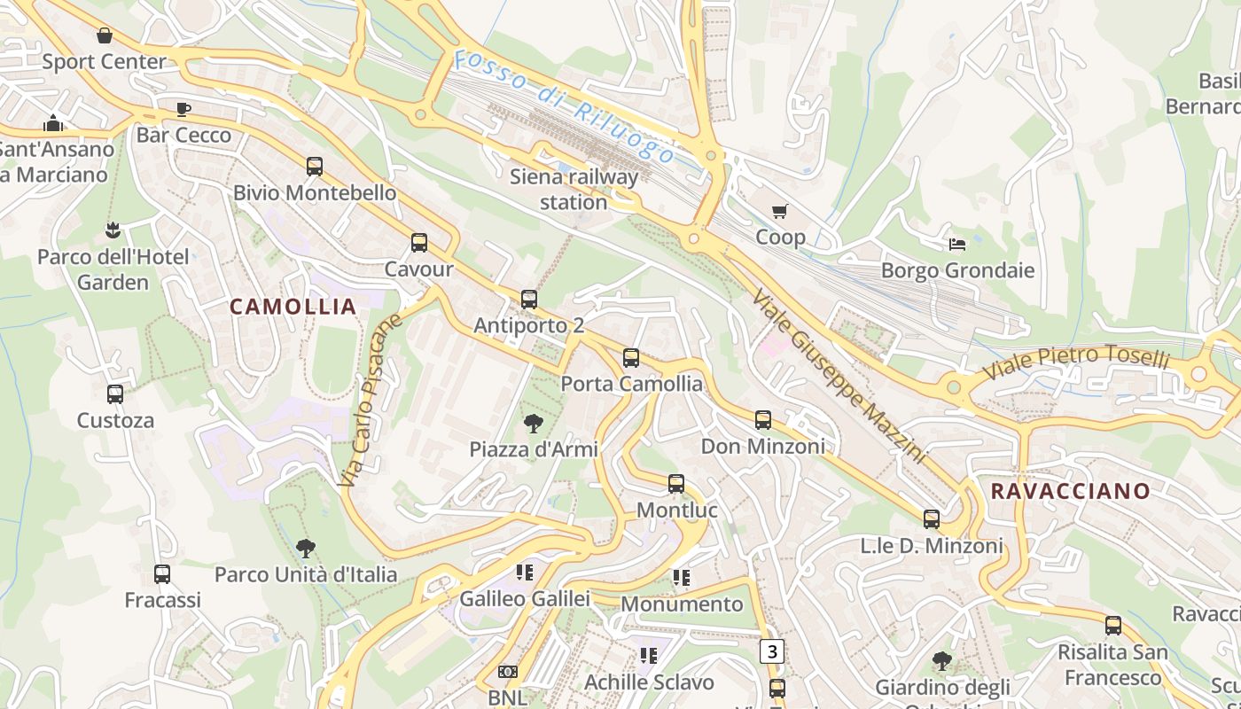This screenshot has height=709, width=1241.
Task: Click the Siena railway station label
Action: [x=574, y=190]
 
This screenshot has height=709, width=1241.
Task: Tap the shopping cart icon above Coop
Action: [x=780, y=211]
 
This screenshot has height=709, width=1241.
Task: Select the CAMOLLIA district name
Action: [x=293, y=307]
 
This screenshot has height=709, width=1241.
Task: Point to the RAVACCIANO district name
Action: [x=1070, y=491]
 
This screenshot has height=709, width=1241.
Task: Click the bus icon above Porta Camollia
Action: [x=631, y=358]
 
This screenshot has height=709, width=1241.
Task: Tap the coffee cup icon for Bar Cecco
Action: [x=183, y=109]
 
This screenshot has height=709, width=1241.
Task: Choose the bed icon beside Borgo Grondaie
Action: [x=957, y=244]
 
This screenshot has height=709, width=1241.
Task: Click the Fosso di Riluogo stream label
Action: [x=563, y=107]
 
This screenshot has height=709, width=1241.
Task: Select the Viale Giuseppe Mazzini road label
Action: [x=838, y=375]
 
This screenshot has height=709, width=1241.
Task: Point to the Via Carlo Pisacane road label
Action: [x=371, y=400]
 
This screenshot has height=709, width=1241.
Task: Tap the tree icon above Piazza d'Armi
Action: [x=534, y=423]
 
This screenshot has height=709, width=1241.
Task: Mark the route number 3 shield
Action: [x=773, y=651]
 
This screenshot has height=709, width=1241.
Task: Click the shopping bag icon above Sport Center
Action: [x=105, y=35]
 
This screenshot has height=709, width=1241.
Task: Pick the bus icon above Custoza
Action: [x=115, y=394]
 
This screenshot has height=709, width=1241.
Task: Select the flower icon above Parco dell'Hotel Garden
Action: [x=113, y=231]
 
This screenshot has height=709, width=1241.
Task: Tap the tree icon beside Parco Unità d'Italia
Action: [x=306, y=549]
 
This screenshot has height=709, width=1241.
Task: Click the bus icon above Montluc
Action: [x=676, y=484]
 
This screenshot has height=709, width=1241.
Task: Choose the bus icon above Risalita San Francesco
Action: [x=1113, y=626]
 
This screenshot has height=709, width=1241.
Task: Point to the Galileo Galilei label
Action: [x=525, y=599]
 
